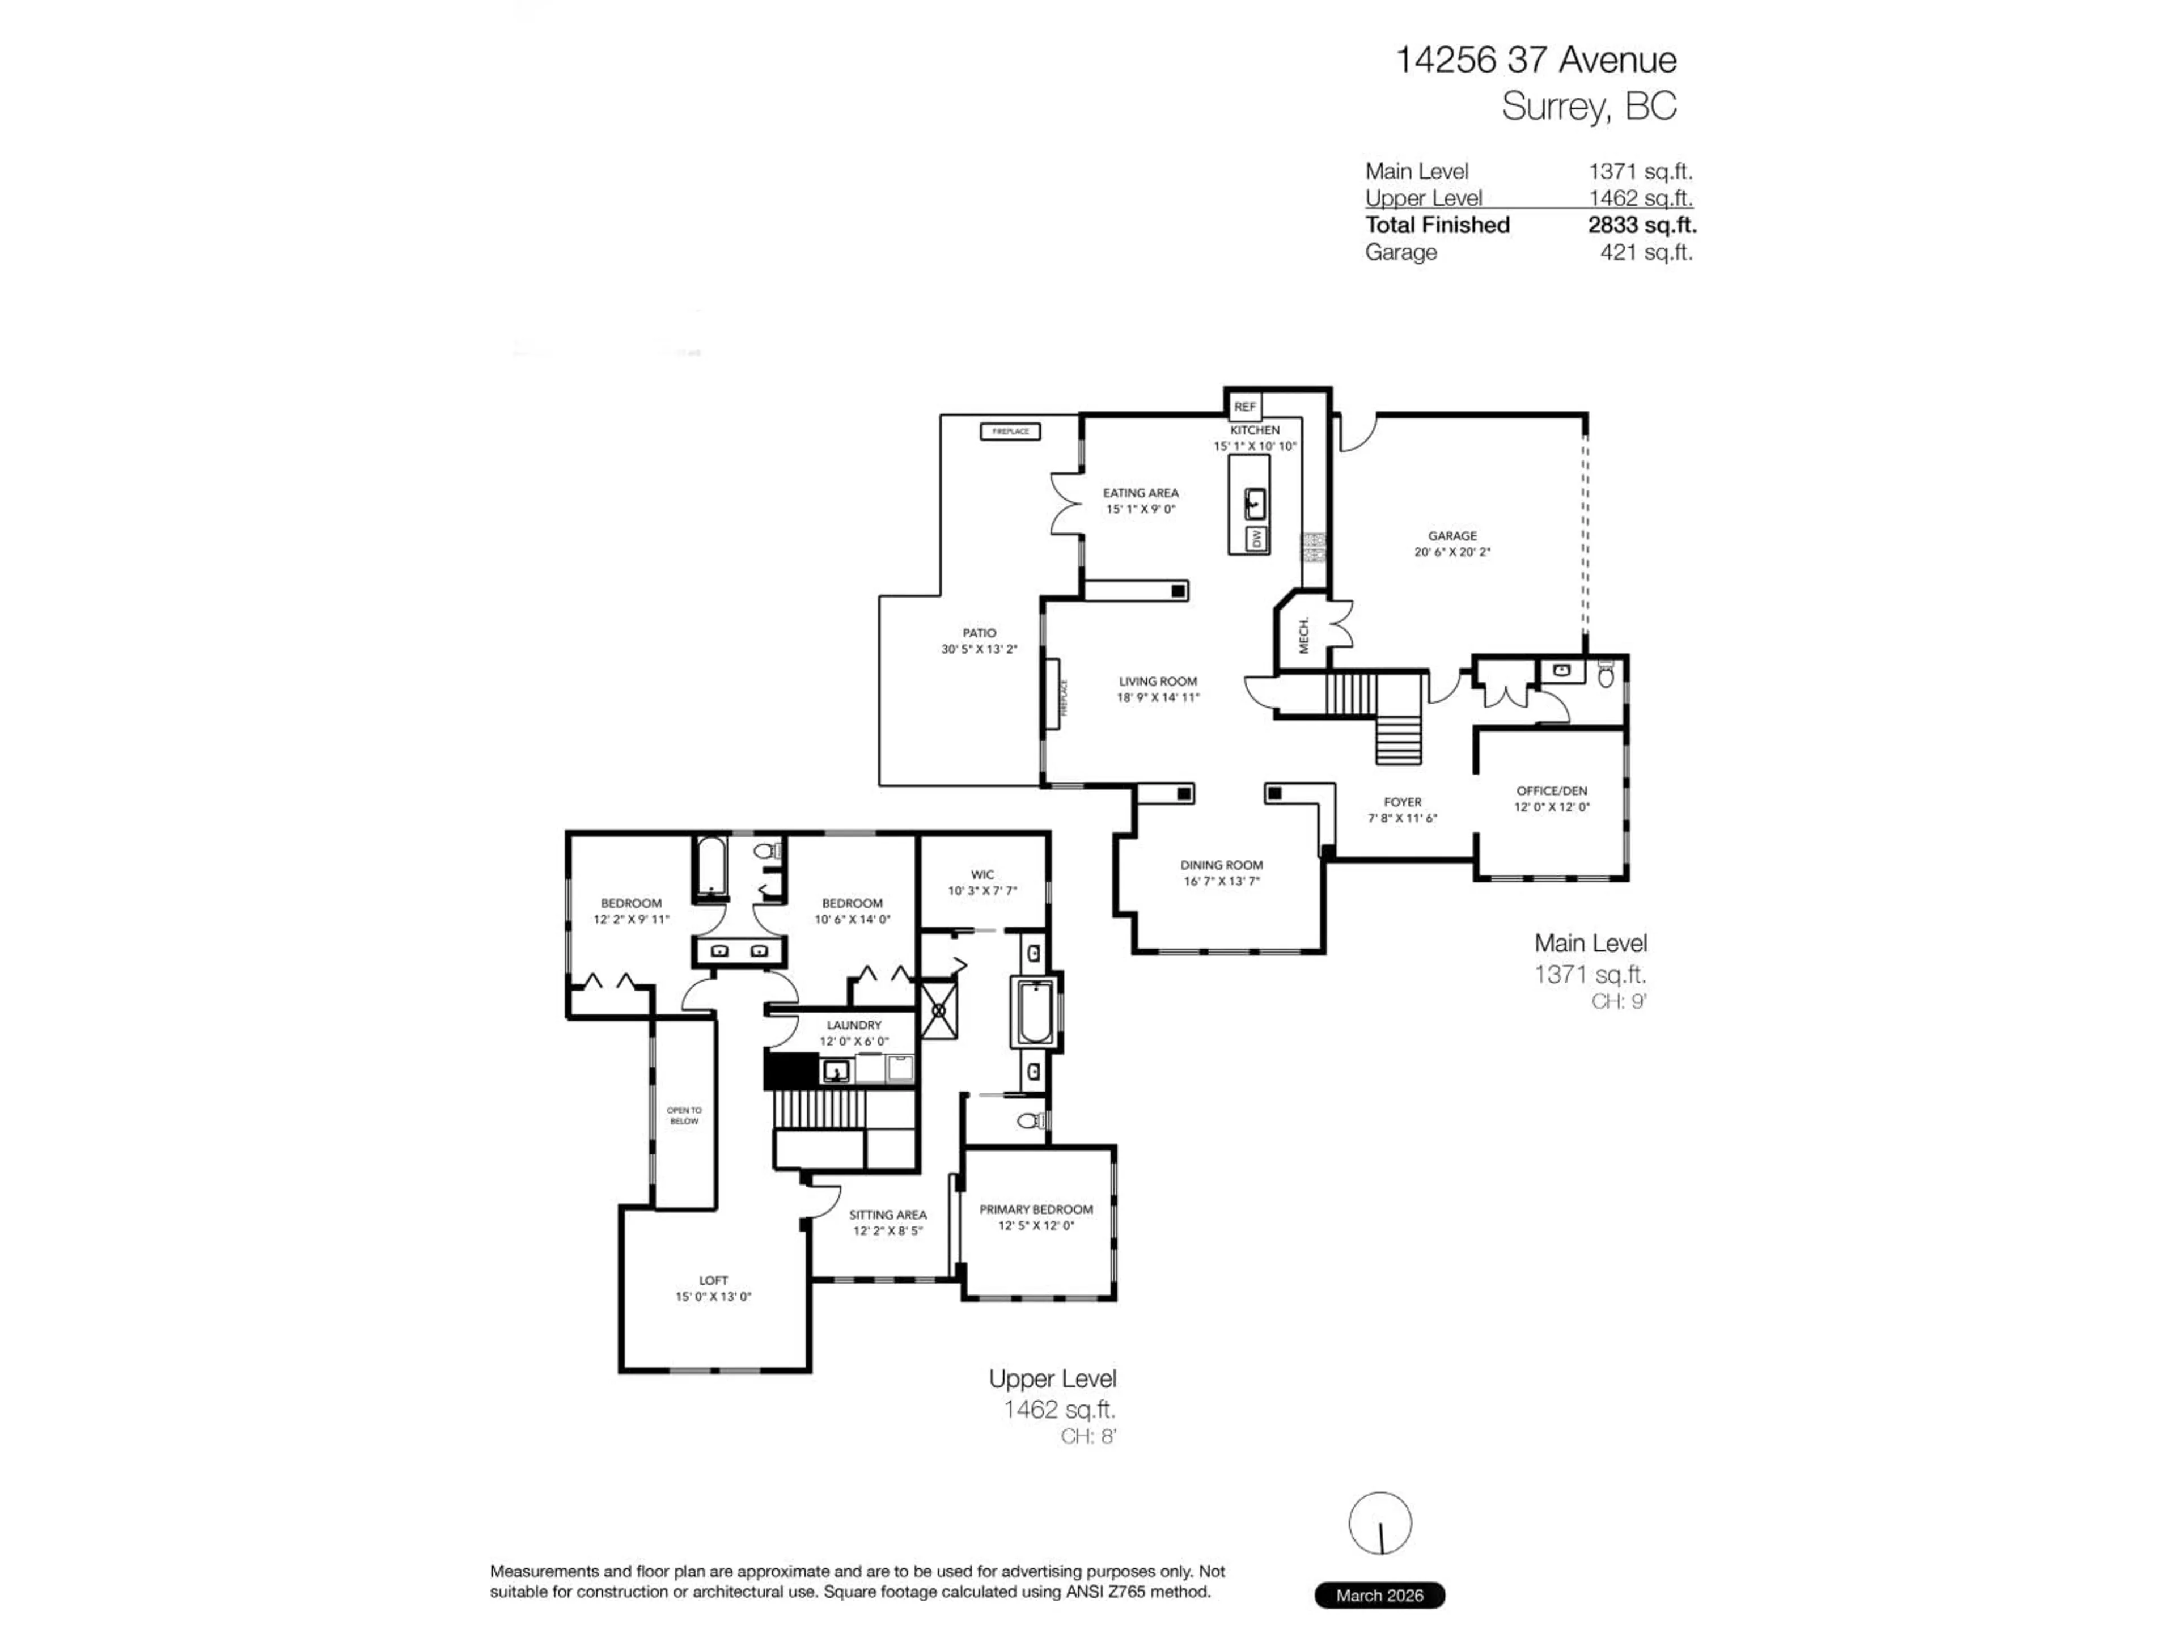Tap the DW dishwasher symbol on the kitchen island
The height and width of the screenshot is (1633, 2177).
tap(1256, 539)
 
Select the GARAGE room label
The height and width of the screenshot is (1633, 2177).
tap(1452, 535)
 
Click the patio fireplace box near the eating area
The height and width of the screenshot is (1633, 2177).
tap(1010, 431)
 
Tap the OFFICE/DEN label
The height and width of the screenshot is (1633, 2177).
tap(1551, 790)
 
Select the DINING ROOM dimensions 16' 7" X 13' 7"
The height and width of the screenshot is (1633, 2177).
tap(1221, 881)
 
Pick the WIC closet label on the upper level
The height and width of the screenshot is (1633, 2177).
tap(982, 874)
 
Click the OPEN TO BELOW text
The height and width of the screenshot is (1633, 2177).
tap(684, 1115)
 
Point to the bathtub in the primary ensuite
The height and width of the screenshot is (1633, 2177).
tap(1035, 1012)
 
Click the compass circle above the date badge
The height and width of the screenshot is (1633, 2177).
tap(1380, 1523)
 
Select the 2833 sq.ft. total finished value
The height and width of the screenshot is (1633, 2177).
tap(1642, 225)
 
